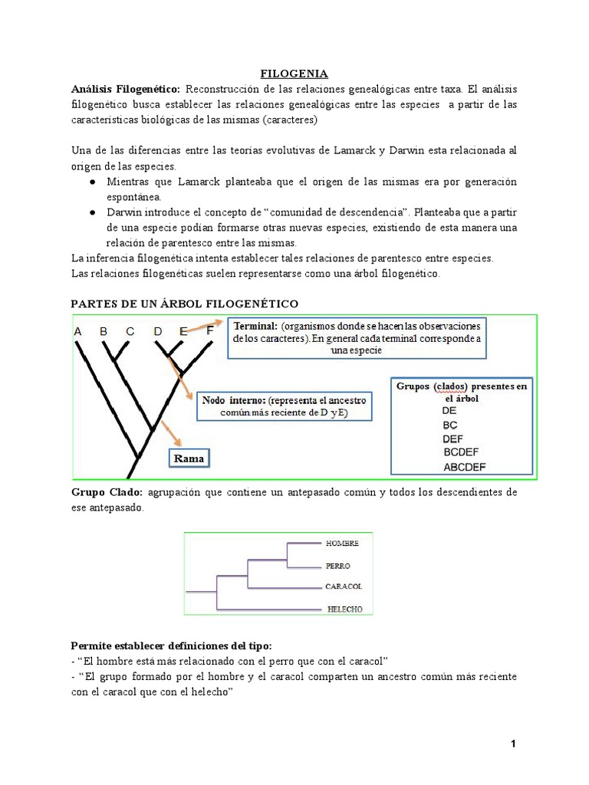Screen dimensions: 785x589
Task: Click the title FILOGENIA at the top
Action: point(294,74)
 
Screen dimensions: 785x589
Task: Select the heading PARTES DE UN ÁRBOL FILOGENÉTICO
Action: point(184,304)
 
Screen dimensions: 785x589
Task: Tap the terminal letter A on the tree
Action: point(77,331)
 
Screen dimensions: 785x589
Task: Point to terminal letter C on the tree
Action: point(130,331)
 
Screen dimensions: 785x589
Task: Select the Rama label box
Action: point(189,458)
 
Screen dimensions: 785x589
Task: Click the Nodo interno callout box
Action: point(284,406)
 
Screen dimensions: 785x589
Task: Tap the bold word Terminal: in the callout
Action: point(256,326)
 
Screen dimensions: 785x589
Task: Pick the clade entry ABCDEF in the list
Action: point(464,466)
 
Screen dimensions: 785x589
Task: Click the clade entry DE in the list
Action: point(451,411)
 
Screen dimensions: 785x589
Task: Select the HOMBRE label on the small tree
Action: point(342,543)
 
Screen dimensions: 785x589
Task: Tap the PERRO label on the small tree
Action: point(338,566)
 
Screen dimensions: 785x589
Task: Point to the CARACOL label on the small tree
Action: point(344,586)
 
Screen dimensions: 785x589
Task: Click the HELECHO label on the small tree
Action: point(344,609)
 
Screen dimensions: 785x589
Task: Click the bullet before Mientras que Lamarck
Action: point(91,182)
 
